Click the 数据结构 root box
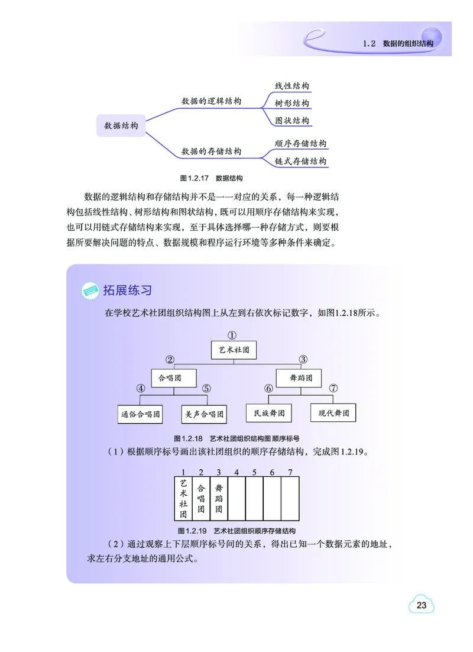[121, 126]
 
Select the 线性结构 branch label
[292, 86]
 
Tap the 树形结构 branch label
[292, 104]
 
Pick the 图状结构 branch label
[292, 121]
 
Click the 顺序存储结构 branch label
[301, 144]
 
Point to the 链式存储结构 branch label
[301, 161]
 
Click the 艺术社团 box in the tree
[234, 350]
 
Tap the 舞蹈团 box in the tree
[299, 377]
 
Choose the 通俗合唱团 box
[141, 414]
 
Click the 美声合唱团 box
[203, 414]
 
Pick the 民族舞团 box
[269, 412]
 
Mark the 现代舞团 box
[333, 412]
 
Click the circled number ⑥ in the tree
[268, 389]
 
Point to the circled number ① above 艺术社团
[233, 334]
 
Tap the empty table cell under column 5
[254, 499]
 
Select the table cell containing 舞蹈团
[219, 499]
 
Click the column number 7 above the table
[289, 472]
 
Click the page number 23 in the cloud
[422, 605]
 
